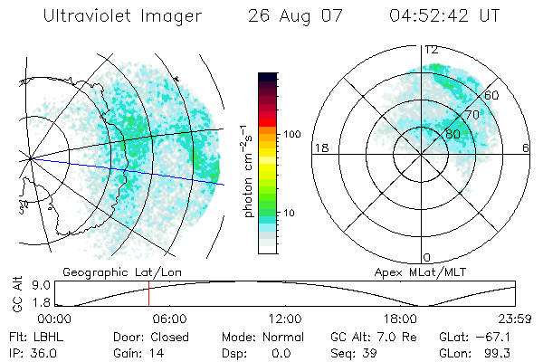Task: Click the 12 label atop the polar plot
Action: [432, 50]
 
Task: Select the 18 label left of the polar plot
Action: [319, 148]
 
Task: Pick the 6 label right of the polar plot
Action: [527, 148]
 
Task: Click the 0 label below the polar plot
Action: [427, 257]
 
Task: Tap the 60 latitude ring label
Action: [492, 94]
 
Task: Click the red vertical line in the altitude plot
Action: [149, 294]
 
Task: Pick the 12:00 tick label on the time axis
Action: [285, 319]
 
